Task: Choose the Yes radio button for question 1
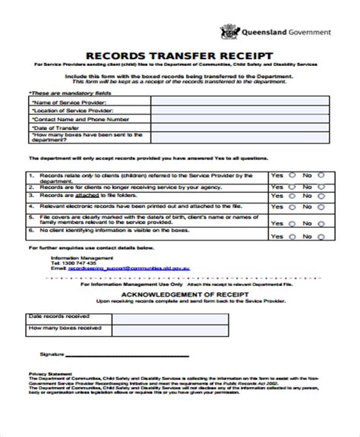(292, 174)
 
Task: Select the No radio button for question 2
(321, 185)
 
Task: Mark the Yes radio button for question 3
(292, 195)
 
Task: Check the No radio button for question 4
(321, 206)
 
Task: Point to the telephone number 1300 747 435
(68, 263)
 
